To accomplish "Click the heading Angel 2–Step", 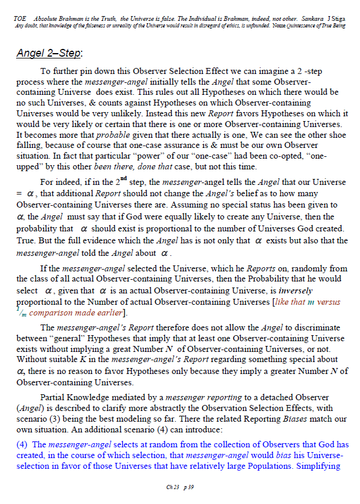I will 49,53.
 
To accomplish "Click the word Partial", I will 52,397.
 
